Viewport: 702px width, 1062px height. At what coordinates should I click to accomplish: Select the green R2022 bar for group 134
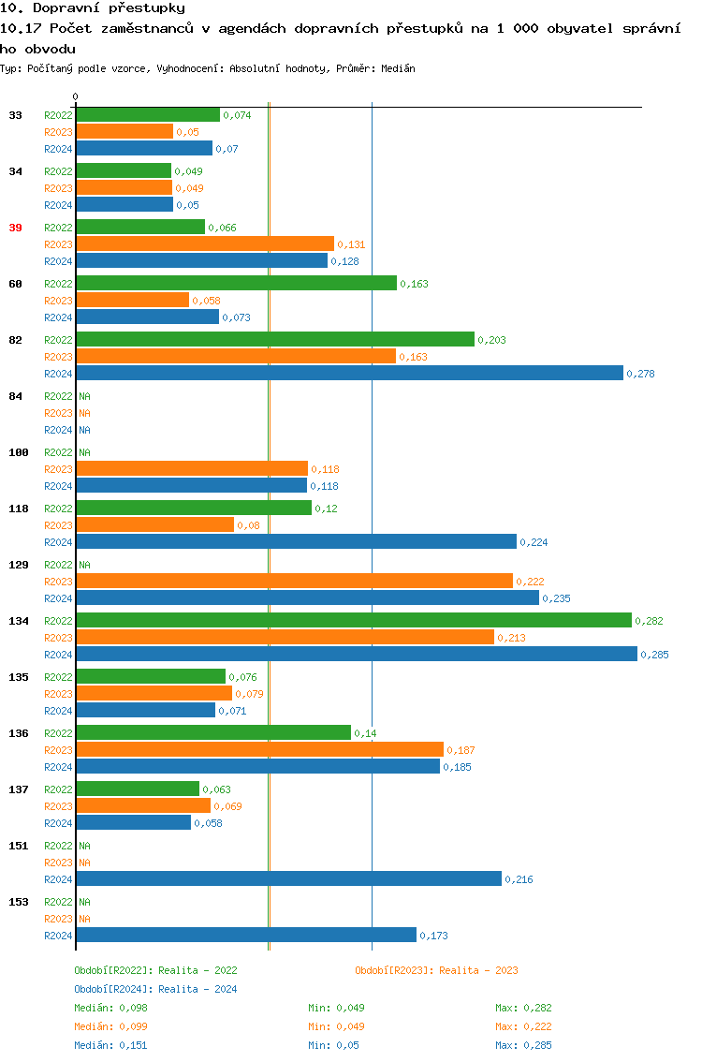pos(354,620)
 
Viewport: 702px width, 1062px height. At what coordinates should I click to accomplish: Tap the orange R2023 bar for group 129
pos(294,581)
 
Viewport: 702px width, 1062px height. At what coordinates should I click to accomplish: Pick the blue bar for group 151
pos(288,878)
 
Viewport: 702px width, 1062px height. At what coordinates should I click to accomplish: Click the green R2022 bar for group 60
pos(236,283)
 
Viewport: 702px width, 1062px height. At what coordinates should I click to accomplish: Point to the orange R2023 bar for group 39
pos(205,243)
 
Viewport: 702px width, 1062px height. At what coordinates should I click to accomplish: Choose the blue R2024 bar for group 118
pos(296,541)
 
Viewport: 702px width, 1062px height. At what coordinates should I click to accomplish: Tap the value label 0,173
pos(434,936)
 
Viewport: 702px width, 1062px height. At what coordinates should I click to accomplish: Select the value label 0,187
pos(461,750)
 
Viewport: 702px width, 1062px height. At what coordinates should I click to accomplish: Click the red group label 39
pos(15,228)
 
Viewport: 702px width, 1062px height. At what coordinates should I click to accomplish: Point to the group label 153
pos(18,902)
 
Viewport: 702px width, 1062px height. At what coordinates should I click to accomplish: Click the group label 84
pos(15,396)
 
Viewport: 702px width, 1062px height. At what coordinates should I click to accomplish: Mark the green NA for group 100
pos(84,452)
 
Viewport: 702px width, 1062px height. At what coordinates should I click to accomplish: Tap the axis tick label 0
pos(76,96)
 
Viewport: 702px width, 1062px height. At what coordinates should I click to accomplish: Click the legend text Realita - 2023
pos(478,970)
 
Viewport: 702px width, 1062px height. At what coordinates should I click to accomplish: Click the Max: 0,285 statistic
pos(523,1045)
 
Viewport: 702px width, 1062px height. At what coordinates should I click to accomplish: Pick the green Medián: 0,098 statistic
pos(110,1008)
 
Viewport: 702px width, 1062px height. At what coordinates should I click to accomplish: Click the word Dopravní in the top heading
pos(67,7)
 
